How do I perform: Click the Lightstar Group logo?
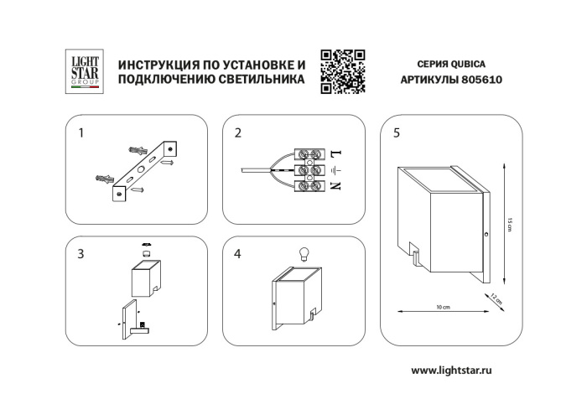[x=85, y=70]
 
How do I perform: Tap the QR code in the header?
[x=342, y=70]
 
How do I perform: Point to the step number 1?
[x=81, y=132]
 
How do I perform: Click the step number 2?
[x=238, y=132]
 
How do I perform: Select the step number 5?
[x=396, y=132]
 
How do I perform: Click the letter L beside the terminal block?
[x=335, y=155]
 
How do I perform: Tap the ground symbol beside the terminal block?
[x=335, y=170]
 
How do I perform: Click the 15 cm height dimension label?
[x=510, y=223]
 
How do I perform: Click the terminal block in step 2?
[x=310, y=170]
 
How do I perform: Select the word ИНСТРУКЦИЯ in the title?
[x=158, y=65]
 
